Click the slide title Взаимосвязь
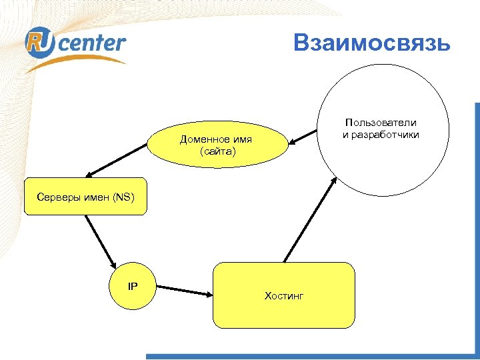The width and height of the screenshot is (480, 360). pos(372,43)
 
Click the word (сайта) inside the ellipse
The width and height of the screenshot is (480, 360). pos(217,153)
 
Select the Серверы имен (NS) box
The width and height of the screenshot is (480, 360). pos(85,197)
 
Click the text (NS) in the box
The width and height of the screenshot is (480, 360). pos(123,197)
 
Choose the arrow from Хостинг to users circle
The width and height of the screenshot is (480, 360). pos(308,220)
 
